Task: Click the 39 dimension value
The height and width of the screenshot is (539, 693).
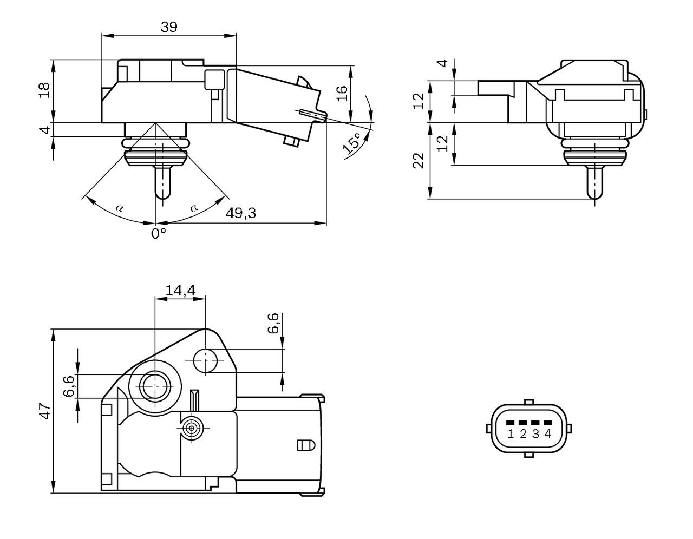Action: [x=169, y=27]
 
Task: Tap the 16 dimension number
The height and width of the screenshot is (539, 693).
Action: [x=342, y=93]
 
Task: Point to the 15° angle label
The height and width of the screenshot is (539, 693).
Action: [x=353, y=142]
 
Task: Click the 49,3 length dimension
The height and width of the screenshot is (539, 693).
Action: [x=241, y=213]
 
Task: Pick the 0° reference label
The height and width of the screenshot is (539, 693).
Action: [x=158, y=233]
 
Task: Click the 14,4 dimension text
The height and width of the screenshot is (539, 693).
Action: [x=180, y=291]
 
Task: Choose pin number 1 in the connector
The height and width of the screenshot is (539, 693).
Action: [x=511, y=433]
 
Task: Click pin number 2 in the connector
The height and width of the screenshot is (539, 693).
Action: [x=523, y=433]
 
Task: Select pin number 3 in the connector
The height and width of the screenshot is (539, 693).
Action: [x=535, y=433]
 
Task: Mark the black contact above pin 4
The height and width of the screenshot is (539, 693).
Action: [x=548, y=423]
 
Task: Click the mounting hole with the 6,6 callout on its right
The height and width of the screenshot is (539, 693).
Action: [x=205, y=361]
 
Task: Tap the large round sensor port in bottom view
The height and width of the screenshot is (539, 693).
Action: [x=155, y=385]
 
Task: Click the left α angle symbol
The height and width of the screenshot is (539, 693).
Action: [x=119, y=207]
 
